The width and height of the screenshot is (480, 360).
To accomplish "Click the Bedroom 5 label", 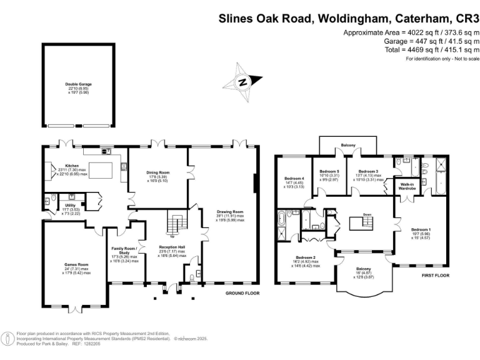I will click(329, 171).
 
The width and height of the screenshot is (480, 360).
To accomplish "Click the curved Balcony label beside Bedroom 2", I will click(364, 269).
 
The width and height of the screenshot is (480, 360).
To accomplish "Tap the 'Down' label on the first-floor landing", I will click(367, 214).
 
